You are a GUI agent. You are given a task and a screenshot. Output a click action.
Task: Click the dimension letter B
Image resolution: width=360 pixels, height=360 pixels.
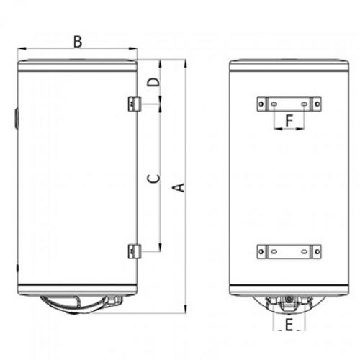(77, 42)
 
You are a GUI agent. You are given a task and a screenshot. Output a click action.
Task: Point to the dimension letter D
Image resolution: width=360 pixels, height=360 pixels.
(153, 82)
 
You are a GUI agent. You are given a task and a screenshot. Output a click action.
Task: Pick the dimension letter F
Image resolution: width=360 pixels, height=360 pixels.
(289, 121)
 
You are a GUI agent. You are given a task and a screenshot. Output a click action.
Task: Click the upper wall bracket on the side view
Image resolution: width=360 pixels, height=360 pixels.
(133, 104)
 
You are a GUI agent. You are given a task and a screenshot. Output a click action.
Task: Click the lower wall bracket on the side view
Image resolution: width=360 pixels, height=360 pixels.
(133, 251)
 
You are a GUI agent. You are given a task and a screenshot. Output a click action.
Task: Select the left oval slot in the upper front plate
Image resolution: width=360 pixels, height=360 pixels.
(275, 104)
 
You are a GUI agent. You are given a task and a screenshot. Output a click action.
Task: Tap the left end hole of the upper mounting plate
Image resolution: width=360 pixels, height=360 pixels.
(261, 104)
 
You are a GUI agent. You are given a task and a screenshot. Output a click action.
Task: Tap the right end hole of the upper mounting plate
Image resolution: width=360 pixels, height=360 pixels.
(317, 104)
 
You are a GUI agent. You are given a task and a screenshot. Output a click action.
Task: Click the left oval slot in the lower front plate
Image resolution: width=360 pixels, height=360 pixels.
(275, 251)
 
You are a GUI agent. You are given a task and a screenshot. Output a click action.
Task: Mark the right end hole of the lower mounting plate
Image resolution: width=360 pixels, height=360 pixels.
(317, 251)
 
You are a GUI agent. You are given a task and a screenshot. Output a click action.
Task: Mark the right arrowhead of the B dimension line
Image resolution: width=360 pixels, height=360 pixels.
(135, 50)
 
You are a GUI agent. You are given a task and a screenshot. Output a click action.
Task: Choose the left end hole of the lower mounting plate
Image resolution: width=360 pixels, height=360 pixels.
(261, 251)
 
